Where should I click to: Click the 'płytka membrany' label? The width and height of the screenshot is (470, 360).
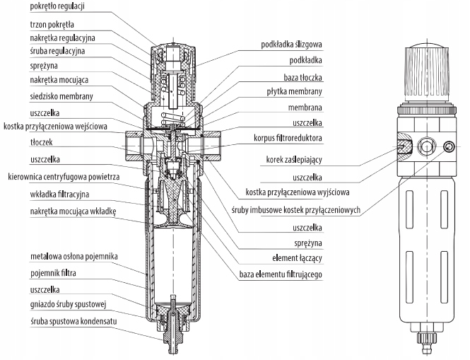[295, 91]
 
